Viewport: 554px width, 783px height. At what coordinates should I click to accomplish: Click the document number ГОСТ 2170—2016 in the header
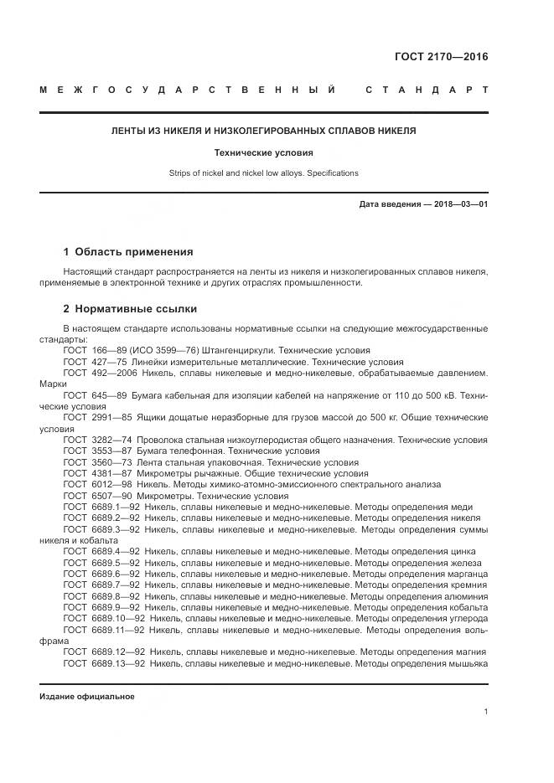pyautogui.click(x=441, y=58)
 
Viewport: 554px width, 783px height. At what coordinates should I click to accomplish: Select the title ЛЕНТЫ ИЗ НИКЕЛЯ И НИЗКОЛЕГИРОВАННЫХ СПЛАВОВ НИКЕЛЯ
pyautogui.click(x=264, y=131)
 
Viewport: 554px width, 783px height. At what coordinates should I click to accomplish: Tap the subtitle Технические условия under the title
pyautogui.click(x=264, y=153)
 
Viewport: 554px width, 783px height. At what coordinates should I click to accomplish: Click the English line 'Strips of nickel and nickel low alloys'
pyautogui.click(x=264, y=173)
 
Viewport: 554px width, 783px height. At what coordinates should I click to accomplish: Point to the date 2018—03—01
pyautogui.click(x=459, y=204)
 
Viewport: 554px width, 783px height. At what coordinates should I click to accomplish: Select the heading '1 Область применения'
pyautogui.click(x=128, y=251)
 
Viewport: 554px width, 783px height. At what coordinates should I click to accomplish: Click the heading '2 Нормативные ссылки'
pyautogui.click(x=130, y=308)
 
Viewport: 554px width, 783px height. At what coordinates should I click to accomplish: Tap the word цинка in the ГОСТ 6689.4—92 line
pyautogui.click(x=469, y=552)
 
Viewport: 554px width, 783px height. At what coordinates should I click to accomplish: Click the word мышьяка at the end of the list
pyautogui.click(x=468, y=663)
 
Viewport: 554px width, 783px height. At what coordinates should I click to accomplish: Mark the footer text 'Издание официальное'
pyautogui.click(x=86, y=697)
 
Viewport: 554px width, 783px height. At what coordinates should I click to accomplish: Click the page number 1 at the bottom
pyautogui.click(x=486, y=712)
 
